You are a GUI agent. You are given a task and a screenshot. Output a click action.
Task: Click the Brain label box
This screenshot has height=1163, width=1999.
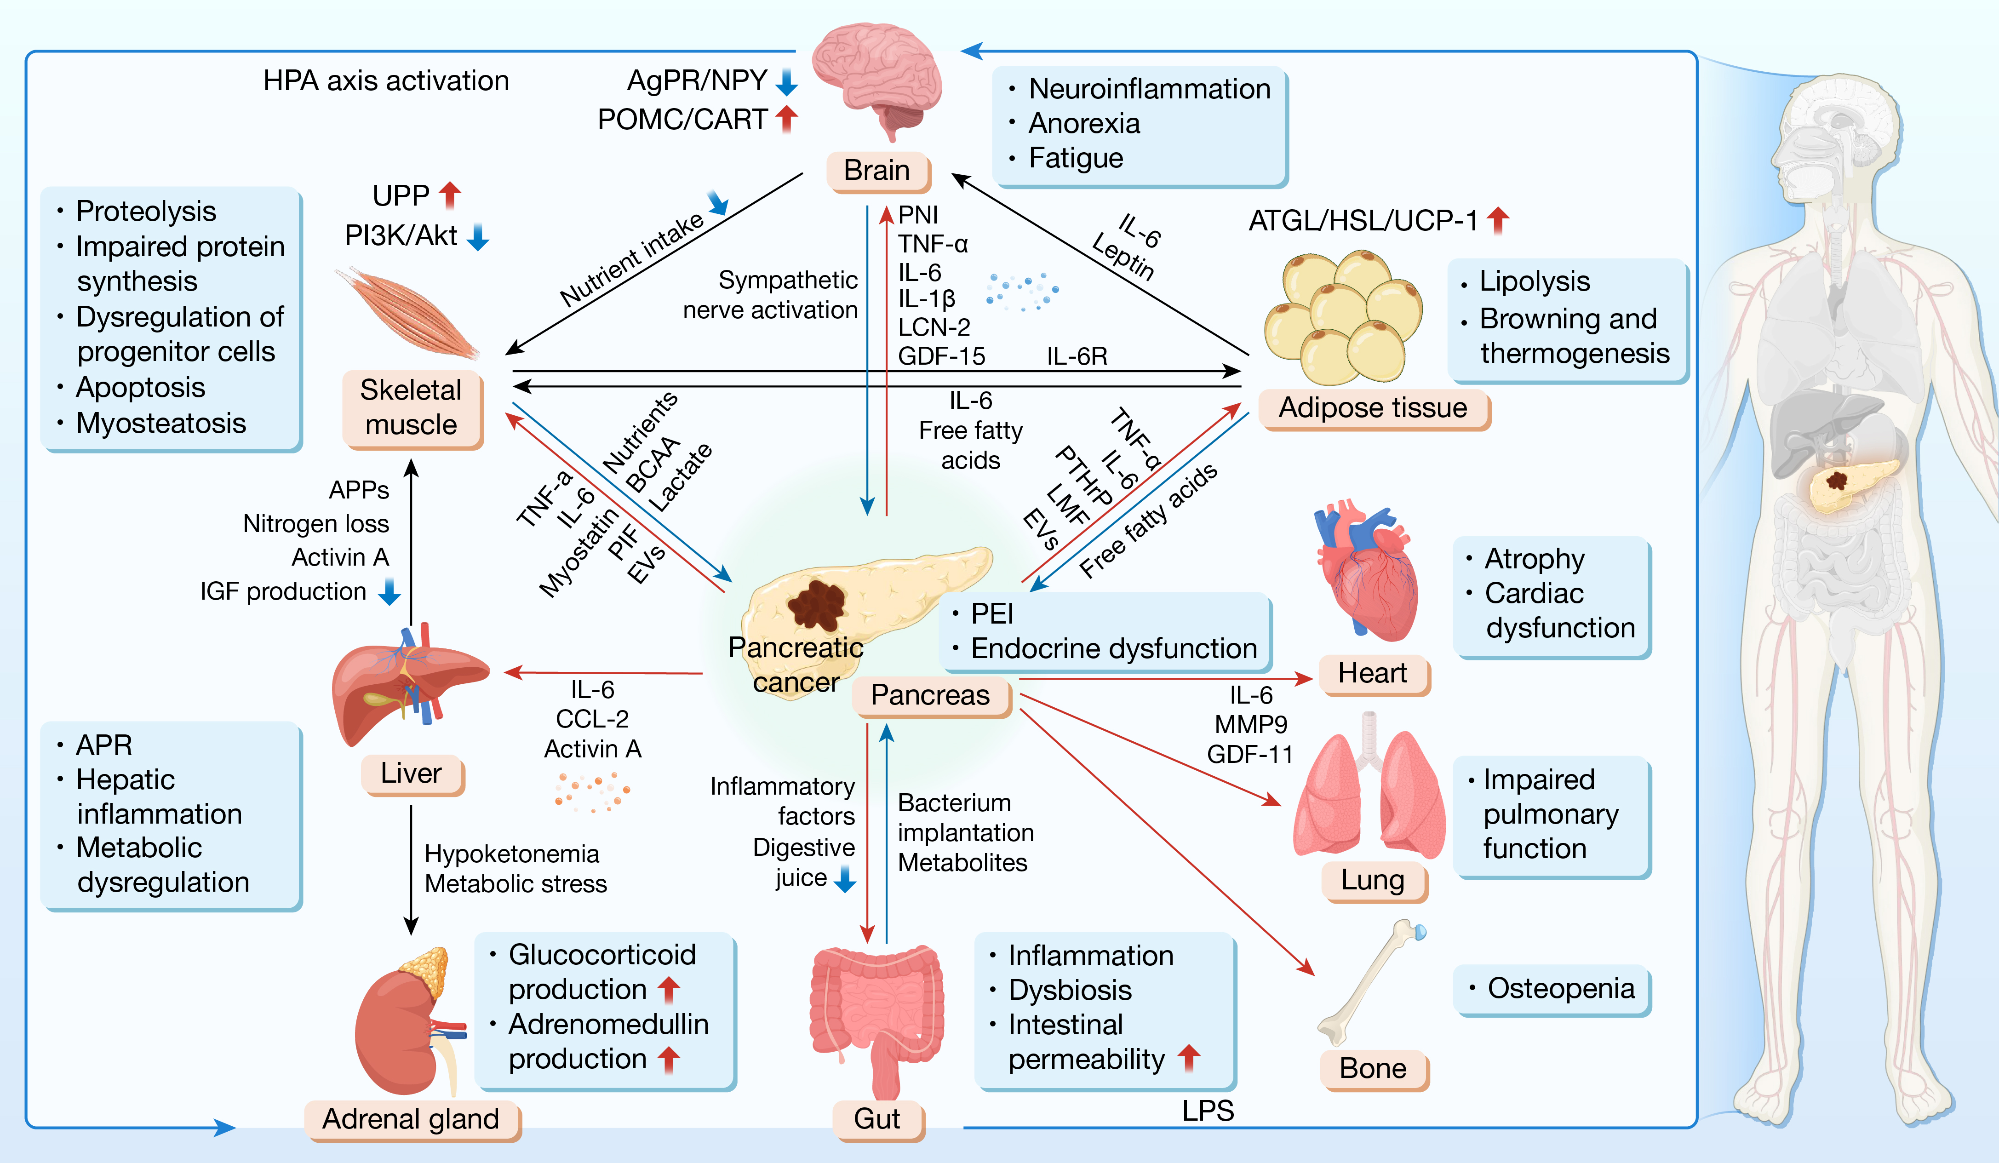tap(876, 171)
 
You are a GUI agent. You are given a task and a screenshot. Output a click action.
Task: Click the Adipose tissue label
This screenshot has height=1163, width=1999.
tap(1373, 408)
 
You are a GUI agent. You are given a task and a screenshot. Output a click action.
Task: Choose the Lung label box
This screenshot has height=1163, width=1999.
tap(1373, 880)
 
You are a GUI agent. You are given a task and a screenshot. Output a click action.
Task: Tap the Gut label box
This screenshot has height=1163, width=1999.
tap(876, 1118)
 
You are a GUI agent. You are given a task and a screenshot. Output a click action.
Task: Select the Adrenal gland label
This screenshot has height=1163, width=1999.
tap(411, 1118)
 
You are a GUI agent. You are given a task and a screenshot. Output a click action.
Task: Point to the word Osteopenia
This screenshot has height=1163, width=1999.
tap(1560, 988)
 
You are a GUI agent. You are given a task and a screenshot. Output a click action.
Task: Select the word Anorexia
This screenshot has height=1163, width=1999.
tap(1083, 124)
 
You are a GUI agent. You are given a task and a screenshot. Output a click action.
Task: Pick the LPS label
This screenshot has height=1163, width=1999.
tap(1207, 1111)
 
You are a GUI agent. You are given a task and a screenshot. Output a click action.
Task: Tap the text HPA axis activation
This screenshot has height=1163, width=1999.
tap(386, 81)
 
